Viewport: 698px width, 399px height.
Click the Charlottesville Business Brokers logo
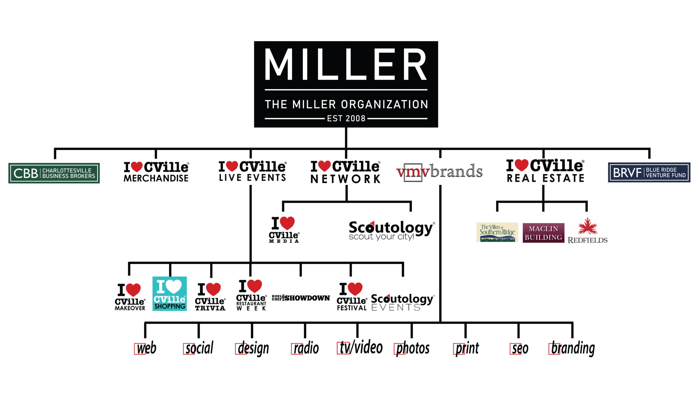click(54, 173)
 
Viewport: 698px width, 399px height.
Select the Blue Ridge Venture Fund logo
click(649, 172)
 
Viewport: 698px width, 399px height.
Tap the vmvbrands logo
click(440, 171)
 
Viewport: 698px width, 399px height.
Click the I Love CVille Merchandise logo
click(156, 172)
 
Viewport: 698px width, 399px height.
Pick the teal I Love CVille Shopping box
click(170, 293)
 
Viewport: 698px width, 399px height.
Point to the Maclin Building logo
click(543, 233)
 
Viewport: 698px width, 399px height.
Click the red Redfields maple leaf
click(587, 226)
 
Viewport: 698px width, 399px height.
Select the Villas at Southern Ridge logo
click(497, 232)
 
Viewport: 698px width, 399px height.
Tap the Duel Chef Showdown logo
click(301, 298)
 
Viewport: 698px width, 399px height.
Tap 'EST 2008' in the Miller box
click(346, 119)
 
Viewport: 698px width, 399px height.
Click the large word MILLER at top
click(346, 65)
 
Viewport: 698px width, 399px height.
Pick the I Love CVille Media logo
click(284, 230)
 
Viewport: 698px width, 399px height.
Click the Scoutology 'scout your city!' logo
click(391, 230)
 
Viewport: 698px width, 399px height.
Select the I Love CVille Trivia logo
click(210, 297)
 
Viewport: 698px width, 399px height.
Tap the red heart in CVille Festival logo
click(355, 289)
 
